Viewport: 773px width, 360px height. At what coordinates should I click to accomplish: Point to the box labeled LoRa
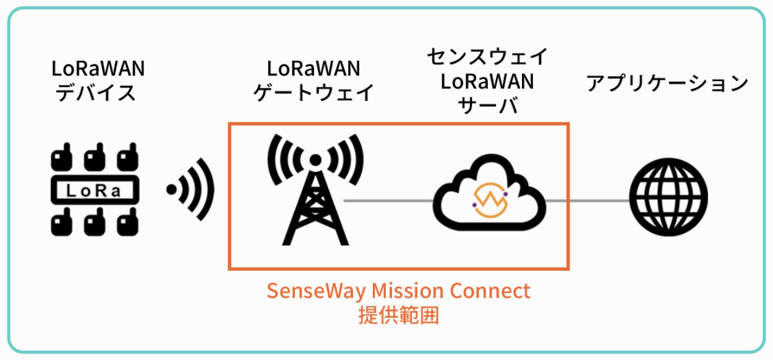pyautogui.click(x=93, y=191)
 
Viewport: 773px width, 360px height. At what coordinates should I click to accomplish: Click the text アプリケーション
pyautogui.click(x=667, y=82)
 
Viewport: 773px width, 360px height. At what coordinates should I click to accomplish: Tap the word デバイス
pyautogui.click(x=95, y=92)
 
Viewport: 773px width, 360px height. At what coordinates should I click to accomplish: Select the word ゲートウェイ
pyautogui.click(x=314, y=92)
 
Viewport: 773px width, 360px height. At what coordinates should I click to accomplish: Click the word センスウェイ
pyautogui.click(x=487, y=57)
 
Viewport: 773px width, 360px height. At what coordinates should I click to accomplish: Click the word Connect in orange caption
pyautogui.click(x=497, y=290)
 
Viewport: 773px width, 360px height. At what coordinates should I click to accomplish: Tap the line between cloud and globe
pyautogui.click(x=587, y=200)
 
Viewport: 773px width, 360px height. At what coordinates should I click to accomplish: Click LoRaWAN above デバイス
pyautogui.click(x=95, y=67)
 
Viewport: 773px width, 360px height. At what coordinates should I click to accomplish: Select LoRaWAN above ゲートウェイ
pyautogui.click(x=314, y=67)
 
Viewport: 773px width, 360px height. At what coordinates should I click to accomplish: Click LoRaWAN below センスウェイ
pyautogui.click(x=488, y=81)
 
